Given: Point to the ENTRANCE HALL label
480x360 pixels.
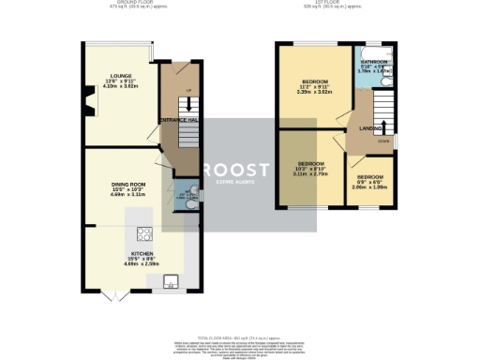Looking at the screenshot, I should click(x=177, y=121).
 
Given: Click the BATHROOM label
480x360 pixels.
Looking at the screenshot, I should click(x=375, y=63).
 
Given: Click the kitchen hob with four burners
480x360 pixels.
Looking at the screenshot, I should click(x=145, y=233).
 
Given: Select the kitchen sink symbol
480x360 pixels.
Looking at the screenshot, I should click(x=171, y=279).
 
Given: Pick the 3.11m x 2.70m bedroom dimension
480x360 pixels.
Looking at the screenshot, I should click(x=308, y=174).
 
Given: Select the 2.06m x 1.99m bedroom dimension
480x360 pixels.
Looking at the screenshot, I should click(x=368, y=187).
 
